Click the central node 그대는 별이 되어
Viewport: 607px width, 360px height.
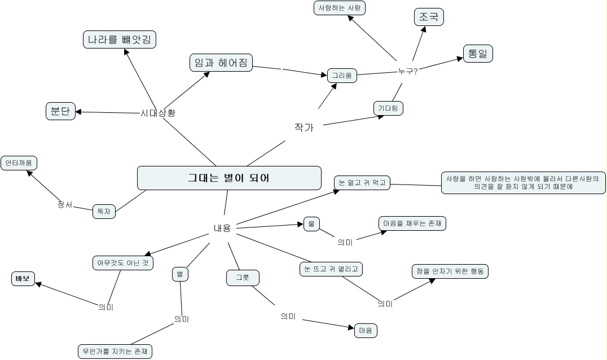click(x=229, y=178)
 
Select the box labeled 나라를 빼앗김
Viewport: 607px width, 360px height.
click(x=119, y=39)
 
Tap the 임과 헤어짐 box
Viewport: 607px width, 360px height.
click(x=221, y=63)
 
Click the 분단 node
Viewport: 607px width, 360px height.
click(x=60, y=111)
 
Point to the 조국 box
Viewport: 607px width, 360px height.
click(x=429, y=17)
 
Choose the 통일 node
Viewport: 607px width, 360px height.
click(x=478, y=54)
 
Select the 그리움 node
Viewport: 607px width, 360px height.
click(x=342, y=75)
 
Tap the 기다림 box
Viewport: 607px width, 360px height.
click(x=388, y=108)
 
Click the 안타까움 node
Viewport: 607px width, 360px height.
click(x=19, y=163)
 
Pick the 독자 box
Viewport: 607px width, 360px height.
click(x=104, y=212)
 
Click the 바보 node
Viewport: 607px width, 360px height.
click(x=23, y=278)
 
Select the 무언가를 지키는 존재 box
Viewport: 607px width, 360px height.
click(x=115, y=351)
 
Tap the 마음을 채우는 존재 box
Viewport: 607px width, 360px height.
click(x=412, y=223)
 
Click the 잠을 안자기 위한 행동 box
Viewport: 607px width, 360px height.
click(x=450, y=271)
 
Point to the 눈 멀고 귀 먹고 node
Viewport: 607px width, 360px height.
click(x=362, y=183)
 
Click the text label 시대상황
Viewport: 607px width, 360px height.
click(x=158, y=113)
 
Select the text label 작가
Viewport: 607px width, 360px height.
click(x=303, y=128)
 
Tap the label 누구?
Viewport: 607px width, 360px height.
click(x=407, y=71)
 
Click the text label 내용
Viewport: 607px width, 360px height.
click(x=222, y=228)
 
